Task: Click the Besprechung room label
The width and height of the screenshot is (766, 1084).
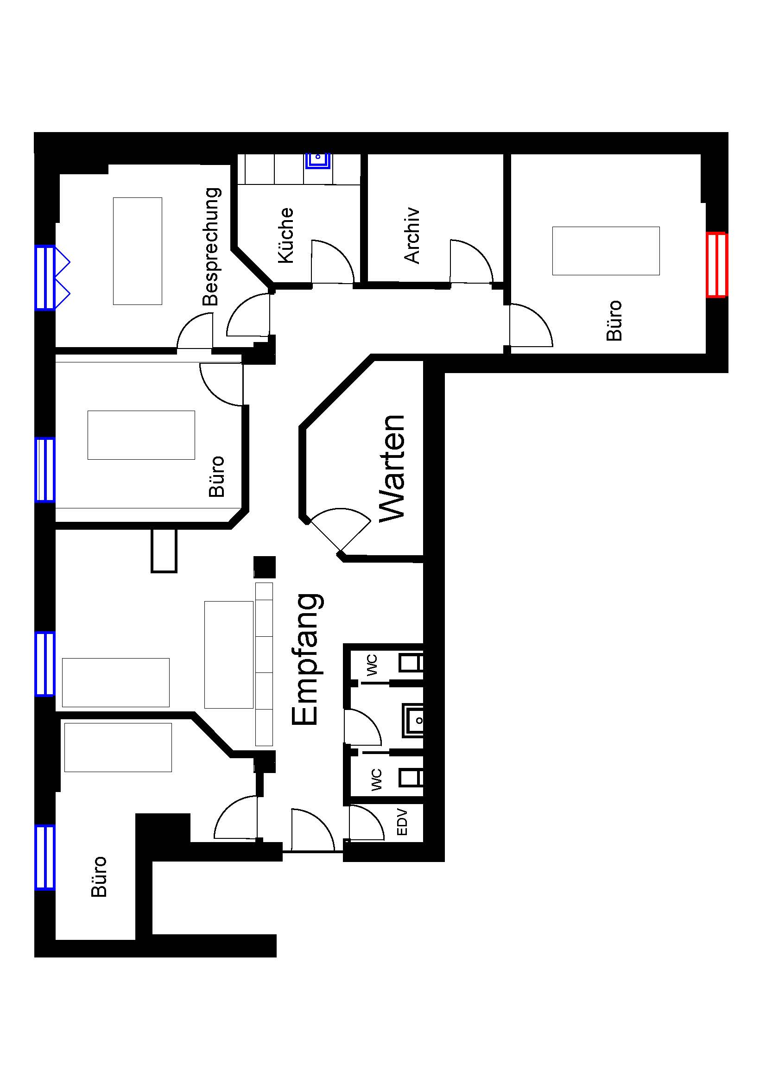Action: pyautogui.click(x=211, y=247)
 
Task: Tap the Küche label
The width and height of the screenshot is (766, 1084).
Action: pyautogui.click(x=285, y=235)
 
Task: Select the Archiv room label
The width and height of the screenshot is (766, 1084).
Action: pyautogui.click(x=411, y=235)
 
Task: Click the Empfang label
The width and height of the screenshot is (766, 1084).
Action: pyautogui.click(x=306, y=659)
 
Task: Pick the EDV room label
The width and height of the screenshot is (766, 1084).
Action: pyautogui.click(x=402, y=822)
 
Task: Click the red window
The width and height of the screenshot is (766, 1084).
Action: pyautogui.click(x=716, y=265)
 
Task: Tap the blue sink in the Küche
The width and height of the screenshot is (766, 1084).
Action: pyautogui.click(x=317, y=160)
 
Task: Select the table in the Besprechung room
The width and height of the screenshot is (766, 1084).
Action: pyautogui.click(x=137, y=251)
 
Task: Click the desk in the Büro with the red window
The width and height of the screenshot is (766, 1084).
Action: pyautogui.click(x=606, y=251)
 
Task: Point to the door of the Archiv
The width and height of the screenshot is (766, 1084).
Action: pyautogui.click(x=471, y=262)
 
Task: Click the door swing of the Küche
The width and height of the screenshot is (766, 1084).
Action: pyautogui.click(x=332, y=262)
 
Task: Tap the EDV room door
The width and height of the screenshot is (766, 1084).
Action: pyautogui.click(x=366, y=822)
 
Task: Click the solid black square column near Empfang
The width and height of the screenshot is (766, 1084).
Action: pyautogui.click(x=264, y=566)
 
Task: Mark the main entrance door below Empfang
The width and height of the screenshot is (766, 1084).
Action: pyautogui.click(x=312, y=830)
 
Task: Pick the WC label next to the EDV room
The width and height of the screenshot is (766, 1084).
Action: pyautogui.click(x=376, y=780)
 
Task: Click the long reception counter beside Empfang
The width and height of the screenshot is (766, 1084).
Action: pyautogui.click(x=264, y=664)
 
